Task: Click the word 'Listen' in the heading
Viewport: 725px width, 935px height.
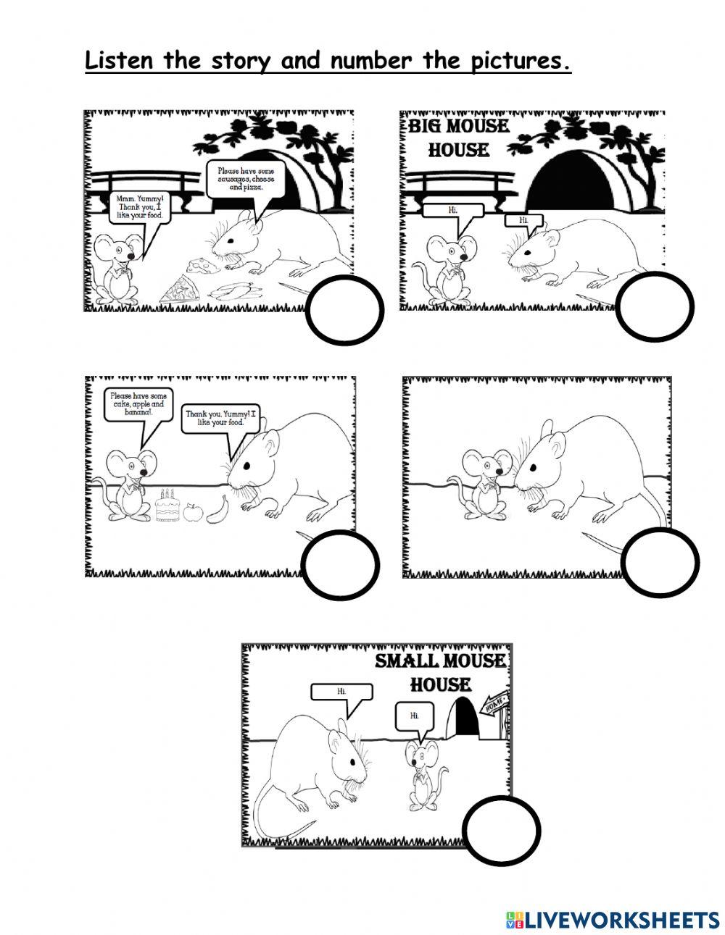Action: coord(120,61)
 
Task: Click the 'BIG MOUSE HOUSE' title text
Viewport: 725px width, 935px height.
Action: coord(458,138)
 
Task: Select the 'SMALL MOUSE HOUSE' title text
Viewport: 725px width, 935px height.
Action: coord(440,671)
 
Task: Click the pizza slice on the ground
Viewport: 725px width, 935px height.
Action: coord(177,292)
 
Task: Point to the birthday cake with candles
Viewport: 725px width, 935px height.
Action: coord(167,506)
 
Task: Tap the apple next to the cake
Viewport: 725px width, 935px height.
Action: coord(192,513)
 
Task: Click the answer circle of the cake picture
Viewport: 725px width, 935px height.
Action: coord(340,564)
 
